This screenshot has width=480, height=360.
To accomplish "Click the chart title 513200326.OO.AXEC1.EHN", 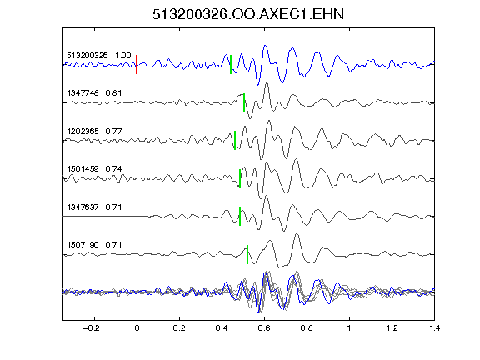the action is (248, 14).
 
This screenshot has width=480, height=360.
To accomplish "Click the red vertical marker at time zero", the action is (137, 65).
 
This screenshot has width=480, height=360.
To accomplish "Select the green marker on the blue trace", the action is (231, 65).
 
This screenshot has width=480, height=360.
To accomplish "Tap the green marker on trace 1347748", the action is (244, 102).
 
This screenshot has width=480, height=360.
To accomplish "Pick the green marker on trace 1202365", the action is (235, 140).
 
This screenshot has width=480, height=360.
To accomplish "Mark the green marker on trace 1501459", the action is (240, 178).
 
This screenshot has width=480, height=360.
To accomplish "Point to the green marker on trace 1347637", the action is (240, 216).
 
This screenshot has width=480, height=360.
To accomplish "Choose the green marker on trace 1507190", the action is (247, 254).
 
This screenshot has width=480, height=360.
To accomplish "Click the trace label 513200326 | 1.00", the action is (99, 56).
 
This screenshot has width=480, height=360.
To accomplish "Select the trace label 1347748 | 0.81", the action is (94, 93).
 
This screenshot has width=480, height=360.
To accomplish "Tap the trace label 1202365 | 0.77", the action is (94, 132).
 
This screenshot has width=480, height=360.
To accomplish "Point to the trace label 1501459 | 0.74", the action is (94, 169).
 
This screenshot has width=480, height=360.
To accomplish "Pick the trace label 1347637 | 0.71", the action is (94, 207).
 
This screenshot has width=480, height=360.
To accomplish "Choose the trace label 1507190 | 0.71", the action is (94, 245).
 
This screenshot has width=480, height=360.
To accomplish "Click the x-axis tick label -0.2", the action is (91, 328).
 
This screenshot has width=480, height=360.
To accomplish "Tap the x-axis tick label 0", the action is (137, 328).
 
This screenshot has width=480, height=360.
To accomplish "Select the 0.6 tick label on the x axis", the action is (264, 328).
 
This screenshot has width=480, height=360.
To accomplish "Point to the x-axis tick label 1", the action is (349, 328).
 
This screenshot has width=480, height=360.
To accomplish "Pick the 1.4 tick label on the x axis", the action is (434, 328).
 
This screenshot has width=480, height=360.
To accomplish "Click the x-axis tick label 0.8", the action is (307, 328).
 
